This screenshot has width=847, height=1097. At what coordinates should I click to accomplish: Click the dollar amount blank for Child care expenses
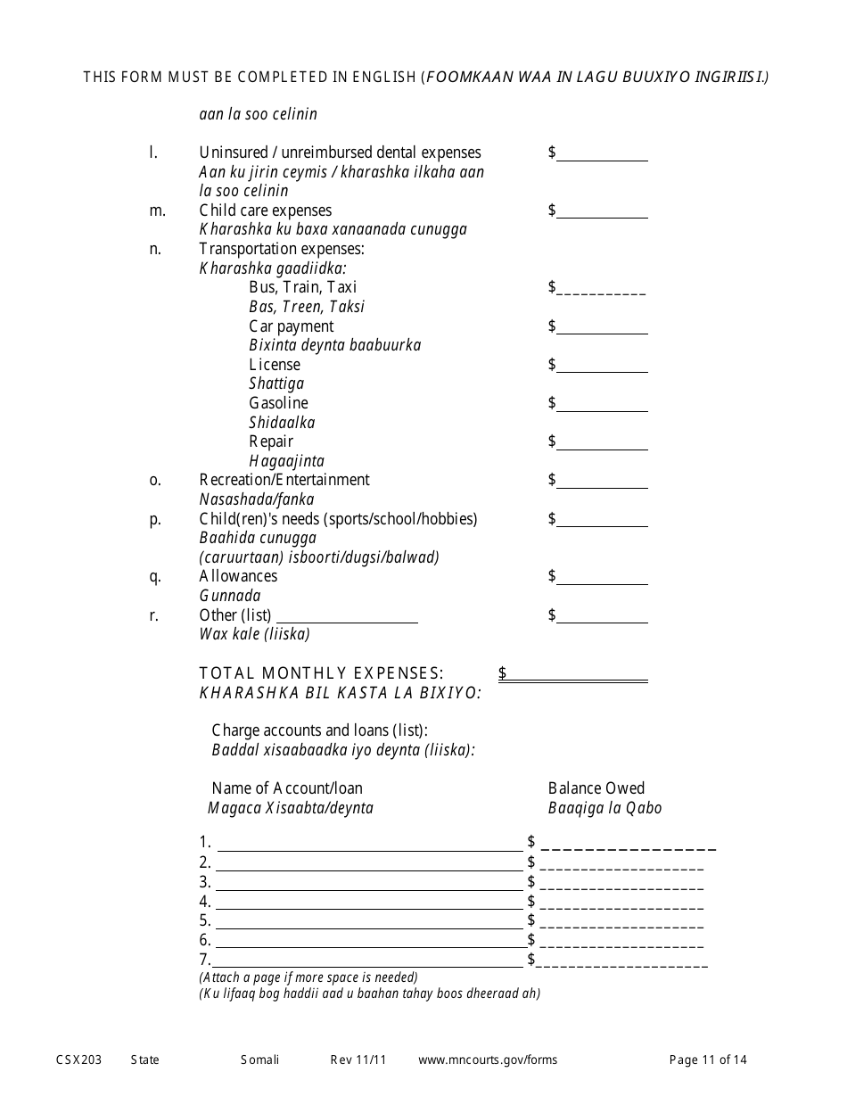tap(602, 211)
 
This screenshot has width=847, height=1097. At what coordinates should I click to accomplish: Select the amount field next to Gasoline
tap(602, 404)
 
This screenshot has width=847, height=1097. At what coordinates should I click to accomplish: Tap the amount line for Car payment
tap(602, 327)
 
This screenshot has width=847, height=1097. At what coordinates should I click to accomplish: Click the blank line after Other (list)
tap(347, 615)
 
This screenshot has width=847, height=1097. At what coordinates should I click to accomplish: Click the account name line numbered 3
tap(369, 883)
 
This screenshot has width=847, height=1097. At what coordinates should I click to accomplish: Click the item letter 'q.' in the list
tap(155, 577)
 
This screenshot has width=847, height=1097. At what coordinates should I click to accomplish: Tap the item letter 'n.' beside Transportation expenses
tap(155, 250)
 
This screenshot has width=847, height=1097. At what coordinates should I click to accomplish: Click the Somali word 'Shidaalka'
tap(282, 423)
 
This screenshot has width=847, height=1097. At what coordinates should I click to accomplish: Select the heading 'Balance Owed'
tap(596, 788)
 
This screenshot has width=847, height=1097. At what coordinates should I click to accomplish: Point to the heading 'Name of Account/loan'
tap(287, 788)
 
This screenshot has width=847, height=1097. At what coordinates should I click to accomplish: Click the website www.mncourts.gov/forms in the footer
tap(488, 1060)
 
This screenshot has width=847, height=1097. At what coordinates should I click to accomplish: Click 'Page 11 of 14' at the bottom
tap(708, 1060)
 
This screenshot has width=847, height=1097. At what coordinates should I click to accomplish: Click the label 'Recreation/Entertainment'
tap(284, 481)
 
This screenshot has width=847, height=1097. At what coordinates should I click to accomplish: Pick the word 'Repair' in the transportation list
tap(271, 442)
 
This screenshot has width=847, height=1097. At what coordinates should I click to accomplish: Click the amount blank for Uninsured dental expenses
tap(602, 154)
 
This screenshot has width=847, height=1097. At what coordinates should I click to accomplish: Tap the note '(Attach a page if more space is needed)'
tap(308, 977)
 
